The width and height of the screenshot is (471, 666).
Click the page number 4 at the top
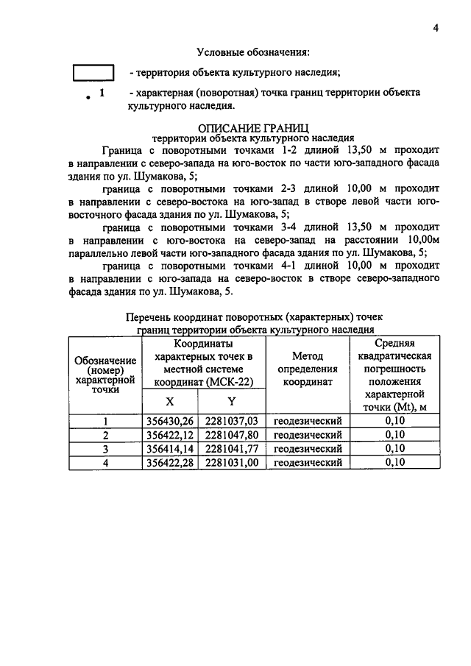click(435, 28)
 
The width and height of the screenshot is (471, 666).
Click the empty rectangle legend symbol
click(94, 73)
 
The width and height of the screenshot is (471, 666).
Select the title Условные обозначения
click(252, 52)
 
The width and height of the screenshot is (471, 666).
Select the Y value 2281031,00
click(232, 462)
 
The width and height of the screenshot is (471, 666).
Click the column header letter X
click(169, 402)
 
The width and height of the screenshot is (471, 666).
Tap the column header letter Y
click(231, 402)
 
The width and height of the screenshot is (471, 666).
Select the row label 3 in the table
click(105, 448)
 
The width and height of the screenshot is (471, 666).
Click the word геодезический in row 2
click(308, 434)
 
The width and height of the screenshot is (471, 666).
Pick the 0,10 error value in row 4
click(395, 462)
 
